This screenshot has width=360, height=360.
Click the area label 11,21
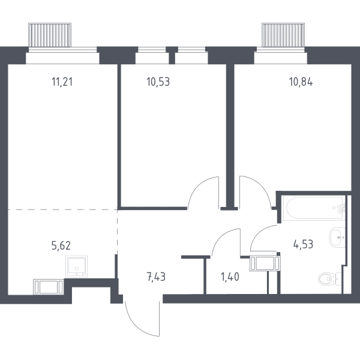pyautogui.click(x=62, y=82)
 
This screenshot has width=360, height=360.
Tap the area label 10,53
pyautogui.click(x=158, y=82)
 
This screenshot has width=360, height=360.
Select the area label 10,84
pyautogui.click(x=301, y=82)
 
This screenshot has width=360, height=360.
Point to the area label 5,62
pyautogui.click(x=61, y=245)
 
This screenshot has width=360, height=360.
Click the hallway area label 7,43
pyautogui.click(x=156, y=277)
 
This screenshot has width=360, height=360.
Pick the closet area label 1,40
pyautogui.click(x=230, y=277)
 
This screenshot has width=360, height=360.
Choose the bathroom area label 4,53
pyautogui.click(x=303, y=244)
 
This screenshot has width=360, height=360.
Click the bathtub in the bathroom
pyautogui.click(x=314, y=208)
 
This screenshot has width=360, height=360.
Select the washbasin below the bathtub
pyautogui.click(x=337, y=238)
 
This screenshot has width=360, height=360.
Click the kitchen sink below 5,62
pyautogui.click(x=76, y=266)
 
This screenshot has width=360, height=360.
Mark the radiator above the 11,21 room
pyautogui.click(x=50, y=35)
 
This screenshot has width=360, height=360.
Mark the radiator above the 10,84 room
pyautogui.click(x=283, y=35)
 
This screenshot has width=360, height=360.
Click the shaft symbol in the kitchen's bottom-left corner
pyautogui.click(x=49, y=287)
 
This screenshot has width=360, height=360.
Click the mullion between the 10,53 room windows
pyautogui.click(x=172, y=55)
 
